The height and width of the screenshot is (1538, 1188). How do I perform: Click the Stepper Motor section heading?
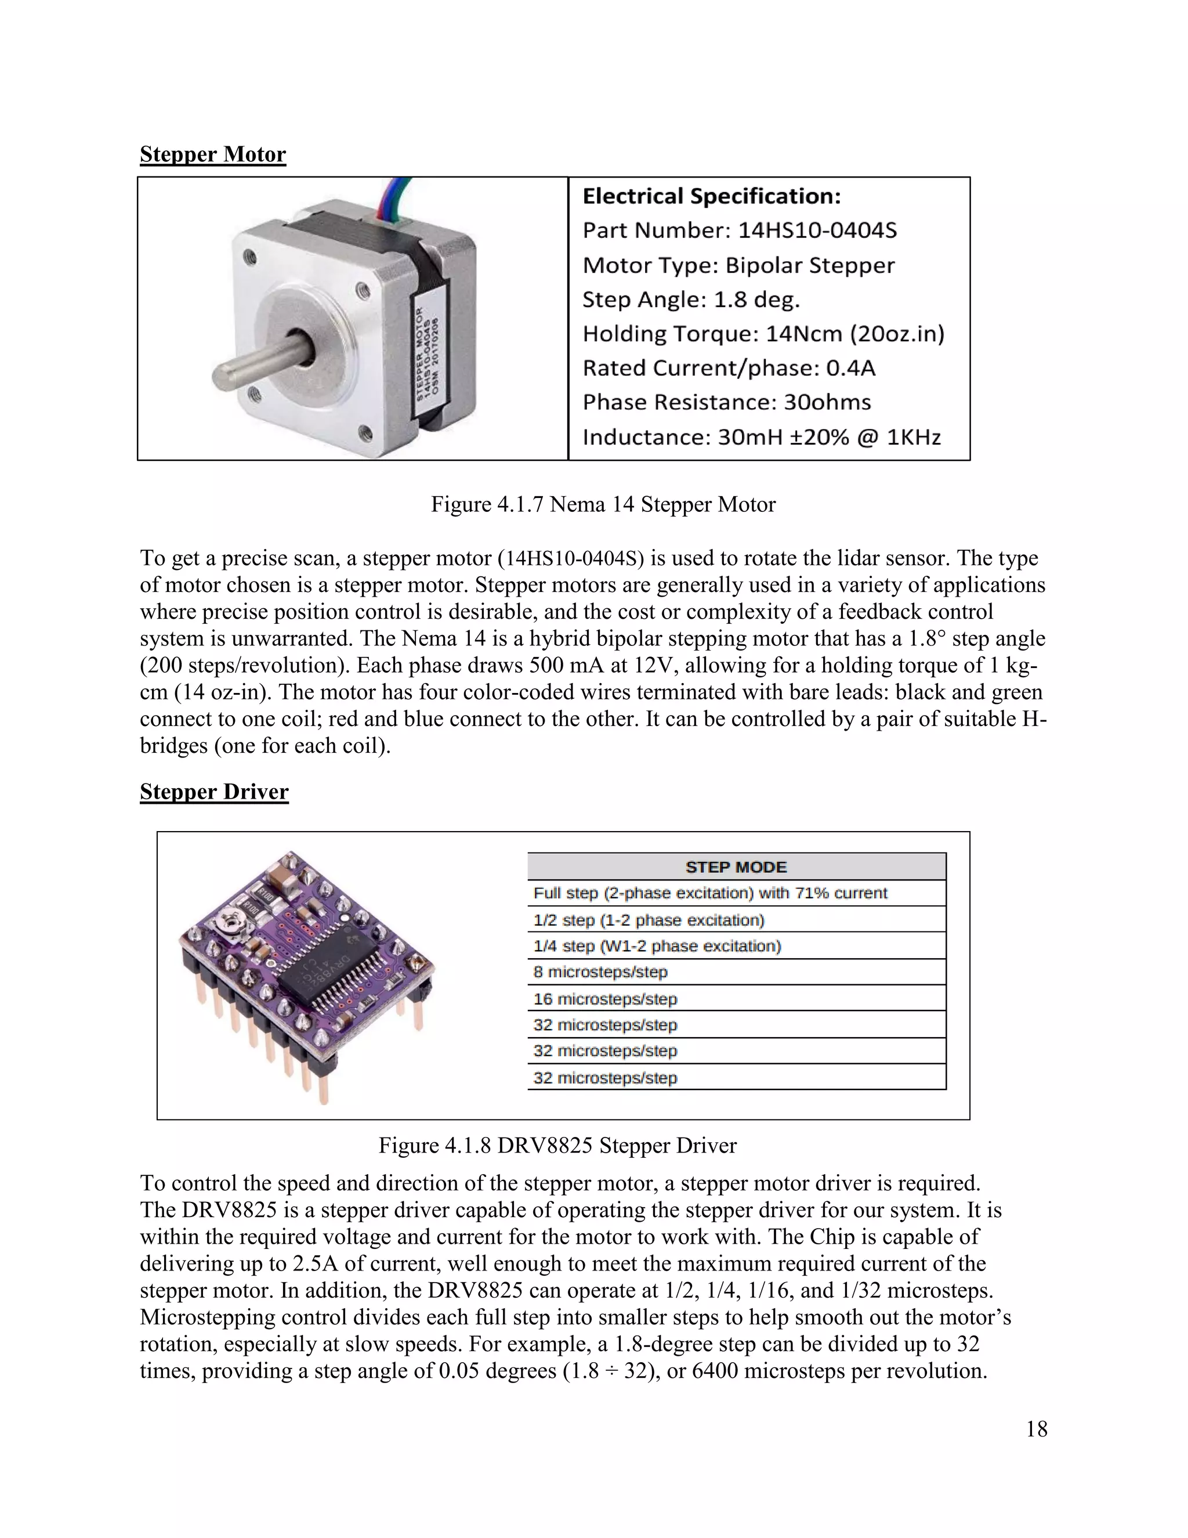coord(212,154)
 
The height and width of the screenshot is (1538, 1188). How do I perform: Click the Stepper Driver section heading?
coord(214,792)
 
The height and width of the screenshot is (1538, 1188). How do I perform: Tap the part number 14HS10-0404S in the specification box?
coord(817,230)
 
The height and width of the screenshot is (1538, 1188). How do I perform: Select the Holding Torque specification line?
coord(763,334)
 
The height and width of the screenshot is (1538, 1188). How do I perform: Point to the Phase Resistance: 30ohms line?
coord(726,402)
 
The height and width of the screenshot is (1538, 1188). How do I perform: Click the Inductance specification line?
coord(761,438)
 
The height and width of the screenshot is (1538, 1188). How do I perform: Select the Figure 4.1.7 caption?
coord(603,504)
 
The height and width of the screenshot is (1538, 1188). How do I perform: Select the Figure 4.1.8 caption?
coord(557,1145)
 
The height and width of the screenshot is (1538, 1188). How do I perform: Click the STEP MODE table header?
coord(736,867)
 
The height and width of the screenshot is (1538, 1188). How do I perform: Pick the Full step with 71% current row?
coord(710,893)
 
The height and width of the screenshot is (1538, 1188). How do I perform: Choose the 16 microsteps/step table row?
coord(605,999)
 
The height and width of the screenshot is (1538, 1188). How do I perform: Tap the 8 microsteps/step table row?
coord(600,972)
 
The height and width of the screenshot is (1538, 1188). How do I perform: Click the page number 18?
coord(1036,1429)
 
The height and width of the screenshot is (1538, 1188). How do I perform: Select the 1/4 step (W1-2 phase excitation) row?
coord(657,946)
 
